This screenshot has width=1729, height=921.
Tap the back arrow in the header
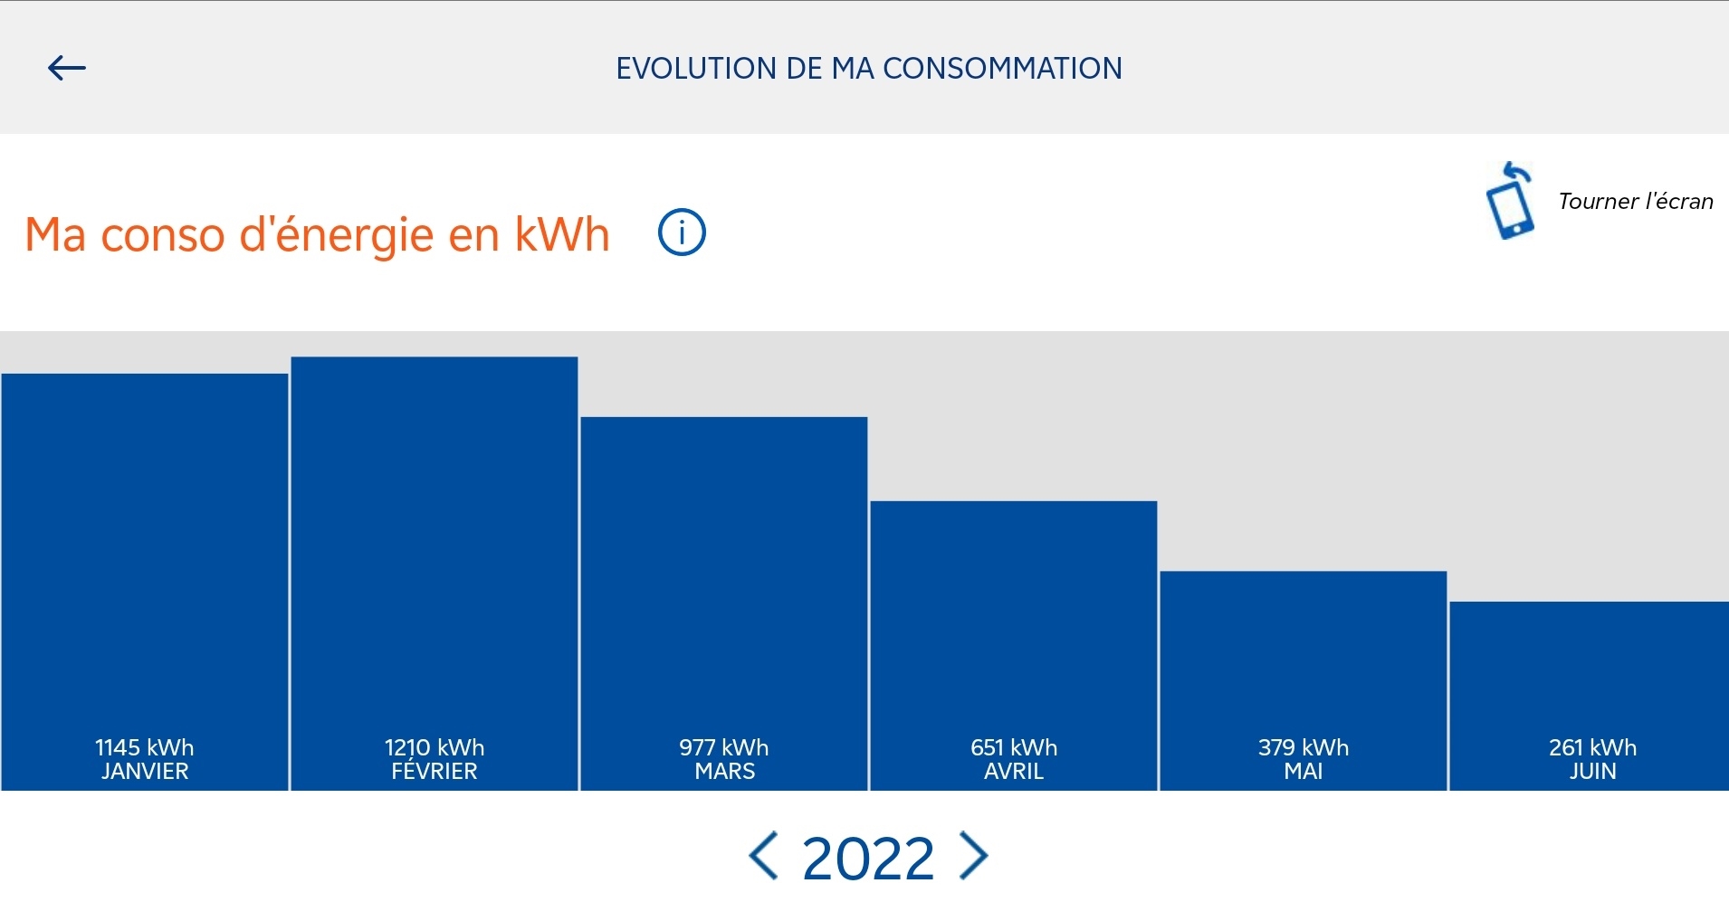click(67, 68)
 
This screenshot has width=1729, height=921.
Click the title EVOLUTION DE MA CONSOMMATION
click(869, 69)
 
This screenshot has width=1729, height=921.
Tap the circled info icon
click(681, 233)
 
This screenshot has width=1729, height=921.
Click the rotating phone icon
click(1510, 202)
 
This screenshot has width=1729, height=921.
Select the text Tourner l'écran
click(1635, 201)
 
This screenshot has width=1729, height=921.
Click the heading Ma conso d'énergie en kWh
click(317, 234)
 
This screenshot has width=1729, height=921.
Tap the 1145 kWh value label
click(145, 747)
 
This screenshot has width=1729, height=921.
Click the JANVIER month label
click(145, 772)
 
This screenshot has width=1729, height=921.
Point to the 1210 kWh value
click(435, 747)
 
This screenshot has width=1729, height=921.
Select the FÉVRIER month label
click(435, 772)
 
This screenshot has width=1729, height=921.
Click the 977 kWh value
click(724, 747)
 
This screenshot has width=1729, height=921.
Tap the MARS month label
click(724, 772)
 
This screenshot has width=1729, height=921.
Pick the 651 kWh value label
click(1014, 747)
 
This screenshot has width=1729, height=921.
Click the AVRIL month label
click(1014, 772)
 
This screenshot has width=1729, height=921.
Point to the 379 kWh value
click(1304, 747)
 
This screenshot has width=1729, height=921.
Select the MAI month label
click(1304, 772)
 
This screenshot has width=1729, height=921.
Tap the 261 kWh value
click(1593, 747)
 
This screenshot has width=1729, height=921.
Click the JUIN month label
click(1593, 772)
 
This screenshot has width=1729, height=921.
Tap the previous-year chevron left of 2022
click(763, 856)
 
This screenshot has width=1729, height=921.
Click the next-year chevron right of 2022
click(974, 856)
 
